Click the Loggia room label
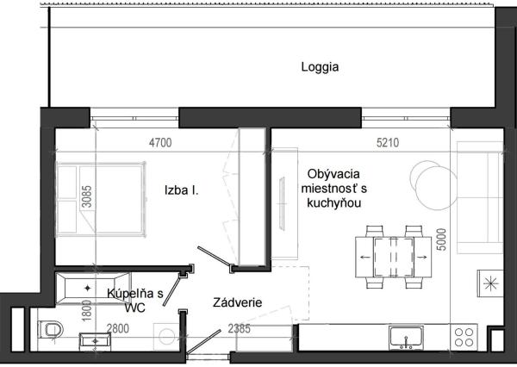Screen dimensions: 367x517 (320, 66)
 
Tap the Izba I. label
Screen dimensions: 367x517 (183, 190)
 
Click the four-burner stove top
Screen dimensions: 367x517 (466, 336)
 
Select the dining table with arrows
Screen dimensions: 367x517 (394, 255)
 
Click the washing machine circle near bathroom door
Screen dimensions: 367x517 (165, 336)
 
